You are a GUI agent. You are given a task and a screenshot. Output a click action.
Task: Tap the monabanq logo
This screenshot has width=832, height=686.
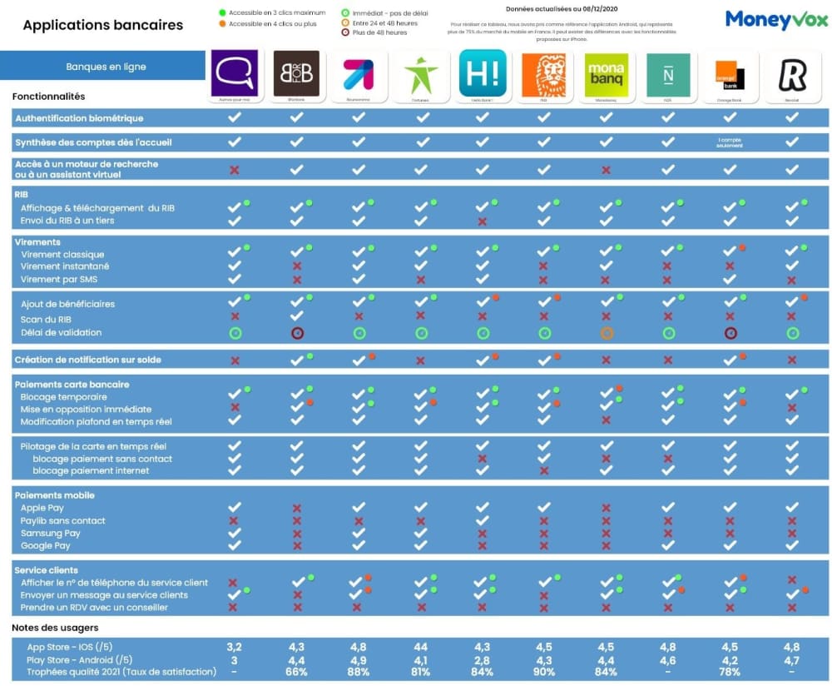coord(607,74)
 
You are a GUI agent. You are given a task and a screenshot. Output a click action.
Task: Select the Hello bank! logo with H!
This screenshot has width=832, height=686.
coord(483,74)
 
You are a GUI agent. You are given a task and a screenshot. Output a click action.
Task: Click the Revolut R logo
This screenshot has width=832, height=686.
coord(791,74)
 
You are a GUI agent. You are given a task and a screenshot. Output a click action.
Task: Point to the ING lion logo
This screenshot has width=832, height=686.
coord(544,74)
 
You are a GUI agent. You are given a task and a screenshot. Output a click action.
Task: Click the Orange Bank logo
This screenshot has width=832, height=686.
coord(730,74)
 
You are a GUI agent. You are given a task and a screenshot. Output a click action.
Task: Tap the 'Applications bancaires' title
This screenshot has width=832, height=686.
coord(102,25)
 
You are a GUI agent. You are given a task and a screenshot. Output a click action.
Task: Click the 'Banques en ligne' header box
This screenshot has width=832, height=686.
coord(103,66)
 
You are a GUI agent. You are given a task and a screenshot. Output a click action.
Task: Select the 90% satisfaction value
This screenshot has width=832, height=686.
coord(544,672)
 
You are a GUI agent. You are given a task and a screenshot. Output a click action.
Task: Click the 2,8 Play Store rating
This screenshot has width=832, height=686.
coord(483,659)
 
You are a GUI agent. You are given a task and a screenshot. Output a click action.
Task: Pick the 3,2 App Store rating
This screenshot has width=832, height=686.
coord(235,647)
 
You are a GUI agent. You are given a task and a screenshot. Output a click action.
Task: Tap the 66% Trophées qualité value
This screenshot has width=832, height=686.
coord(296,672)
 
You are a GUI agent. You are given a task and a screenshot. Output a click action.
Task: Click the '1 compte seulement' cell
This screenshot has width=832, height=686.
coord(730,142)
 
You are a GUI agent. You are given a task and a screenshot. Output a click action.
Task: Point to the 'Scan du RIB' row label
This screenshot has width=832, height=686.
coord(47,319)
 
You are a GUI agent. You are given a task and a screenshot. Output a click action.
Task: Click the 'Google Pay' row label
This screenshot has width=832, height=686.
coord(46,545)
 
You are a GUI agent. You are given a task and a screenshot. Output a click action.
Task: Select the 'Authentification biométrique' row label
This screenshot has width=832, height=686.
coord(79,118)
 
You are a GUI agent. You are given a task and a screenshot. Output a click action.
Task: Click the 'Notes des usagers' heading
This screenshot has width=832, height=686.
coord(55,627)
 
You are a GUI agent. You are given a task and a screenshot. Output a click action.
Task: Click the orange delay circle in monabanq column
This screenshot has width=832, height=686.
coord(607,333)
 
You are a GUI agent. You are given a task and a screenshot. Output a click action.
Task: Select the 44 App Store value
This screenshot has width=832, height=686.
coord(421,647)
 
